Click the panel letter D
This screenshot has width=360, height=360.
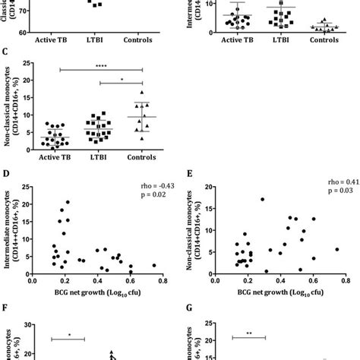[6, 174]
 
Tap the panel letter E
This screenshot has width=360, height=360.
[187, 174]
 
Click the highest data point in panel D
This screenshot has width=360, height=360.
[67, 202]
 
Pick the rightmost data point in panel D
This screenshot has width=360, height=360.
[154, 265]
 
